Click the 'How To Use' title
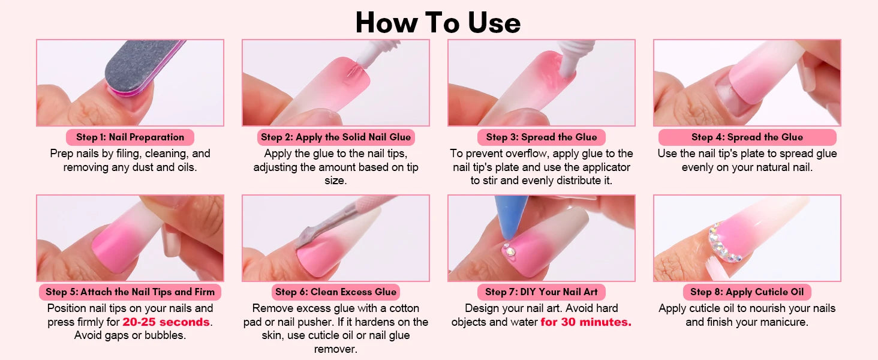coord(438,22)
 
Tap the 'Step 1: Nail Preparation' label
coord(130,137)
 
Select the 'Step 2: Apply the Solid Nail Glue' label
coord(336,137)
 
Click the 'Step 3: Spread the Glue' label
coord(542,137)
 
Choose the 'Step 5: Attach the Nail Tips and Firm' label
coord(130,292)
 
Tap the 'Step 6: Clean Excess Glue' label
coord(336,292)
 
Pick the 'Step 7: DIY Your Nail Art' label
coord(542,292)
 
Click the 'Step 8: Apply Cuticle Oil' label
coord(747,292)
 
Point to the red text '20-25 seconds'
coord(166,322)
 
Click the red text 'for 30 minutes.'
coord(586,322)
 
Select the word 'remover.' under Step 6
coord(336,349)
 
